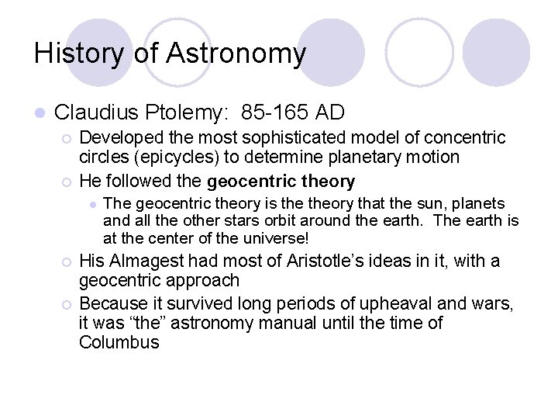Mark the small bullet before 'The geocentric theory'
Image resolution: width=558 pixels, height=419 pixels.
pos(91,204)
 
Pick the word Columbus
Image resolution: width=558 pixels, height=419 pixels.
pos(119,342)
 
